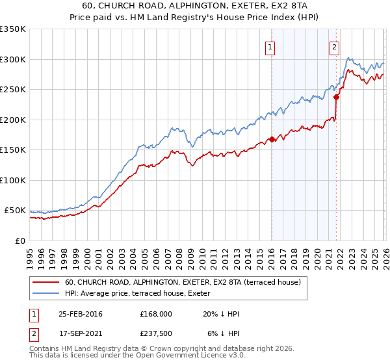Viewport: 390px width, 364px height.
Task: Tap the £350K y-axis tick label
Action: pos(13,29)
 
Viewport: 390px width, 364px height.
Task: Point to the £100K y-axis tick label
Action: pos(13,180)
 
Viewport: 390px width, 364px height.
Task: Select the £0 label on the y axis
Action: pos(19,240)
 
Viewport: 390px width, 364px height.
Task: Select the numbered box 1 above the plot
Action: pos(270,46)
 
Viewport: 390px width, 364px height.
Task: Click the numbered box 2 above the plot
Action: pos(334,46)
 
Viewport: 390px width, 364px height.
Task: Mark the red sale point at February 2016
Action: pos(272,139)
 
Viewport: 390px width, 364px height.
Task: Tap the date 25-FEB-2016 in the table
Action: pos(80,314)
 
